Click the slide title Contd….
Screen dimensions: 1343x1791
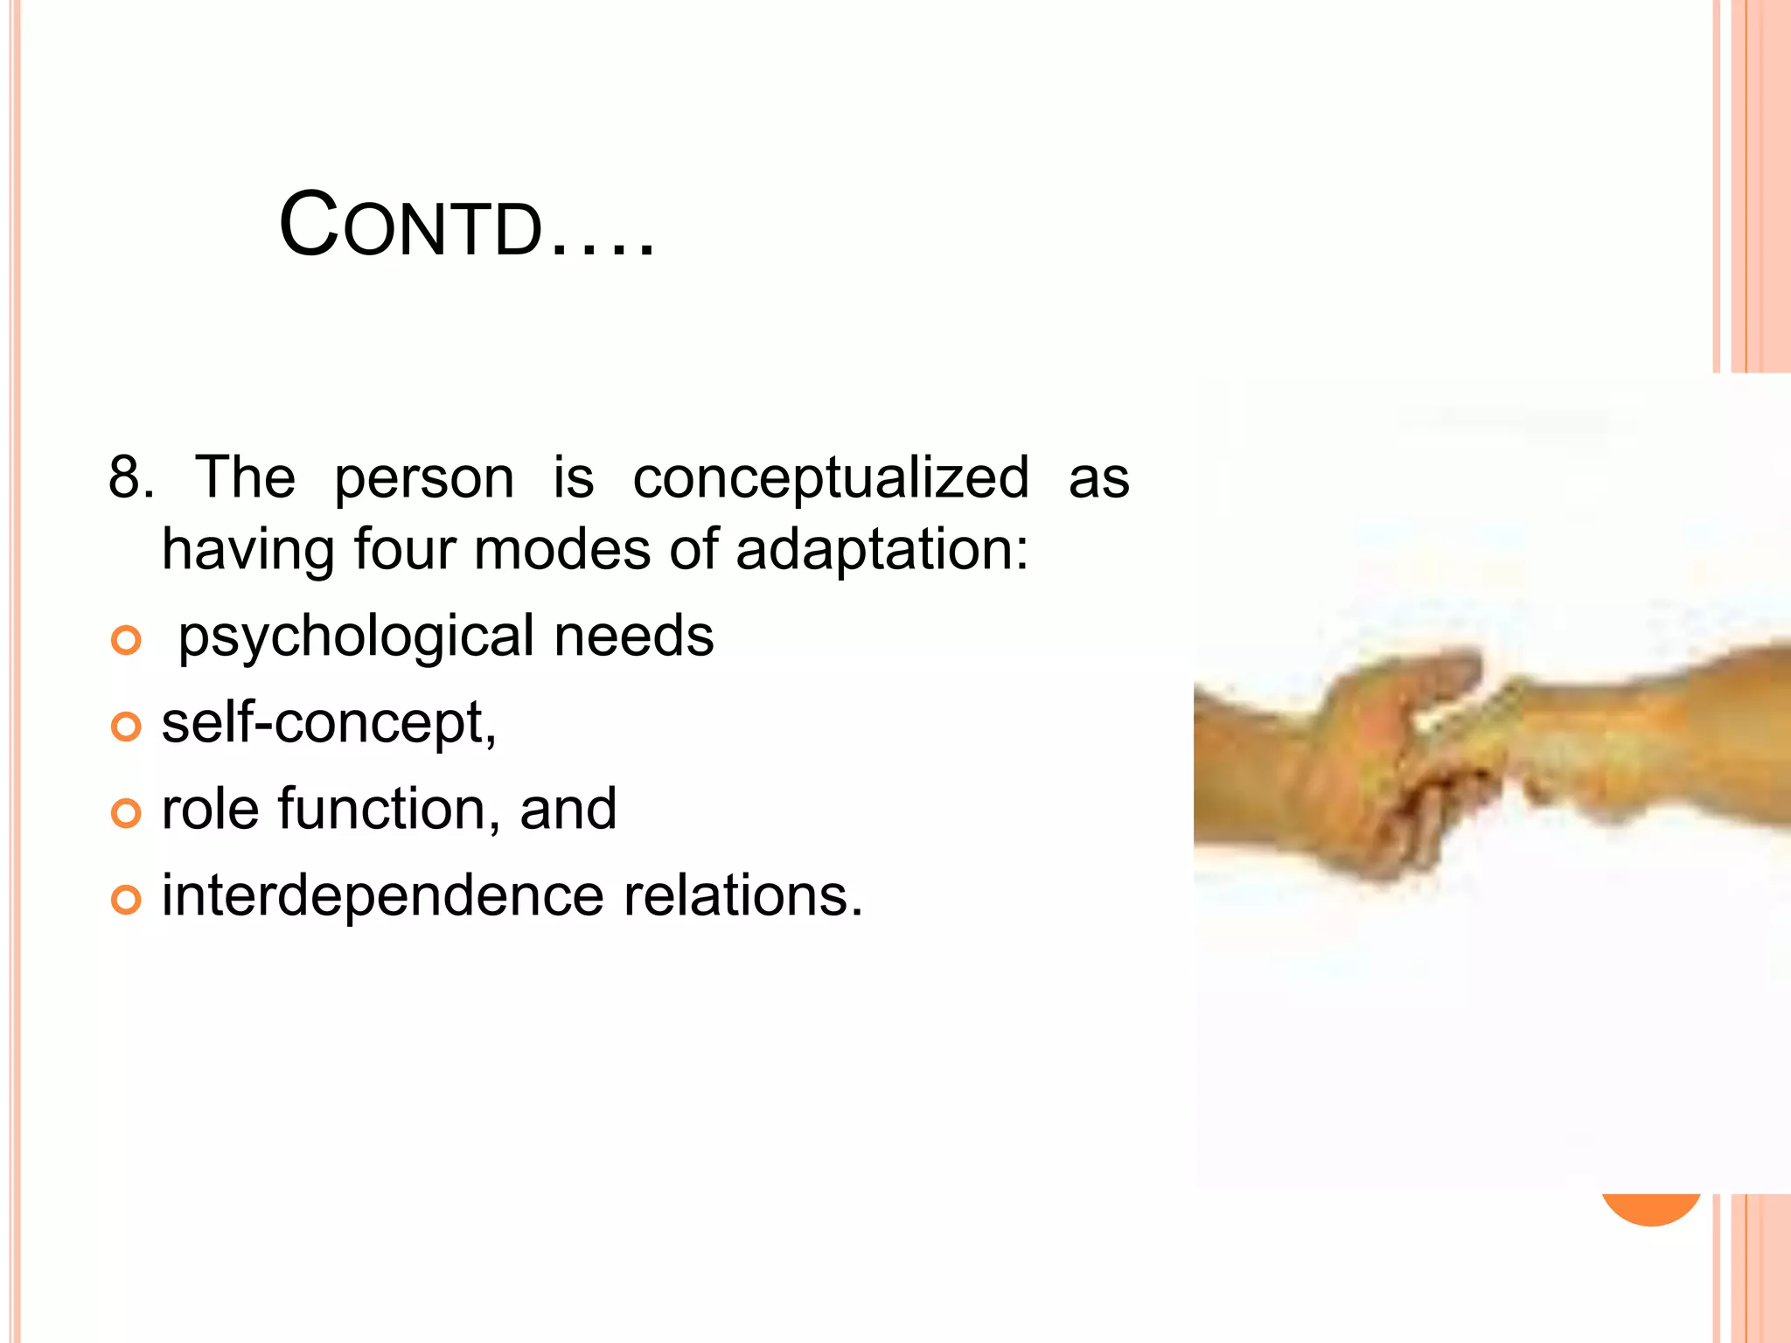466,226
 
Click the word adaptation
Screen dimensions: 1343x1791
882,551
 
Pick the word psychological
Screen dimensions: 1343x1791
355,637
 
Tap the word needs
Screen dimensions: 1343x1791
634,636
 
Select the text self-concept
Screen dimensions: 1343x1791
329,724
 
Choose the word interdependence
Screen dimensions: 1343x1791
382,895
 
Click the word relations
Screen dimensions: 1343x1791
742,895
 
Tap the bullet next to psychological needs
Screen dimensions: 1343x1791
127,641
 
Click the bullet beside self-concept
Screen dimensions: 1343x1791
127,727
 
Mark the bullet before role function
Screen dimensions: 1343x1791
127,813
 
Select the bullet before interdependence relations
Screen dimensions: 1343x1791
127,900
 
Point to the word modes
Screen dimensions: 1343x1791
562,549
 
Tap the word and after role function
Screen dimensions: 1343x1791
568,809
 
